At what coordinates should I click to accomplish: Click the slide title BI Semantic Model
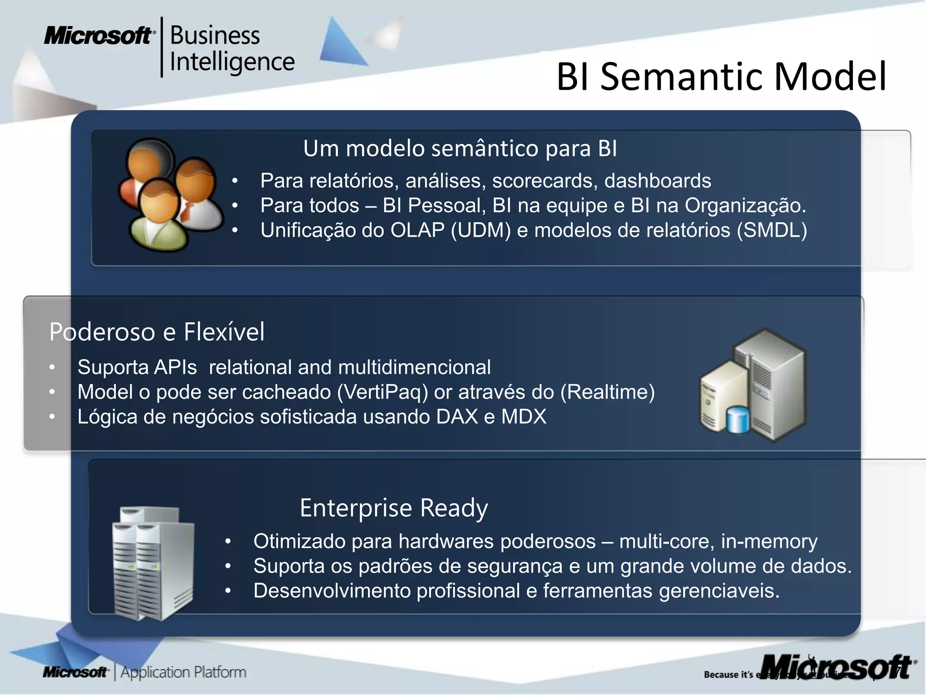coord(721,77)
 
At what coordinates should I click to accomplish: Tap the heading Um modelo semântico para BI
coord(460,148)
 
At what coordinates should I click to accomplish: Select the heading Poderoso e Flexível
coord(156,332)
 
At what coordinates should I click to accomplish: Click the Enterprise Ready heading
coord(393,508)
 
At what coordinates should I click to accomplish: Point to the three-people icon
coord(170,195)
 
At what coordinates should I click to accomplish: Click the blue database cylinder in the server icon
coord(737,419)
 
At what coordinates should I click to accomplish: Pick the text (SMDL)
coord(772,230)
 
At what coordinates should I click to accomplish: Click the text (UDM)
coord(481,230)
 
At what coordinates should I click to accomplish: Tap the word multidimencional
coord(414,367)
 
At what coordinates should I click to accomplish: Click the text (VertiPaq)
coord(383,392)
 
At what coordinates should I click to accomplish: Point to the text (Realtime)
coord(607,392)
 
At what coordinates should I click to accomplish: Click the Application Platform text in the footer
coord(183,672)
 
